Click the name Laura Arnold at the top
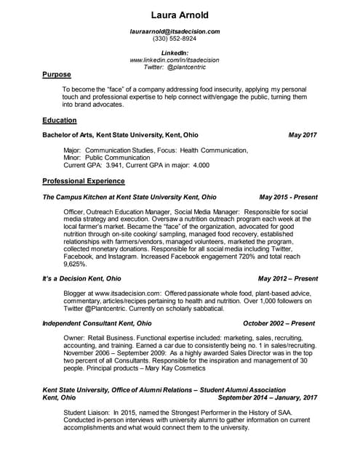pyautogui.click(x=180, y=15)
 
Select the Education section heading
pyautogui.click(x=60, y=120)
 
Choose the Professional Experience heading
pyautogui.click(x=84, y=181)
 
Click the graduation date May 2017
pyautogui.click(x=303, y=135)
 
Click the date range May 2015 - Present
pyautogui.click(x=288, y=196)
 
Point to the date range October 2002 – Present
pyautogui.click(x=279, y=323)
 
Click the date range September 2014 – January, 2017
pyautogui.click(x=268, y=397)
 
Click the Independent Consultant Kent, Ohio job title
pyautogui.click(x=97, y=323)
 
